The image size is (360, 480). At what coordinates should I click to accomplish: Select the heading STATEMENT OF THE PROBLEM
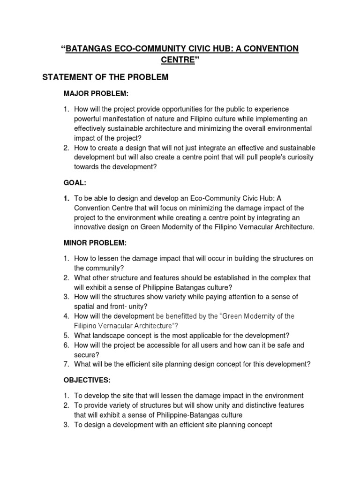pyautogui.click(x=105, y=77)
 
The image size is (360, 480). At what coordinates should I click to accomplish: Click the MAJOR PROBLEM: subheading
pyautogui.click(x=96, y=94)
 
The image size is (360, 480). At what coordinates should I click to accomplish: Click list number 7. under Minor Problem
pyautogui.click(x=67, y=364)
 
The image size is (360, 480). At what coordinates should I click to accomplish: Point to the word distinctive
pyautogui.click(x=261, y=405)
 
